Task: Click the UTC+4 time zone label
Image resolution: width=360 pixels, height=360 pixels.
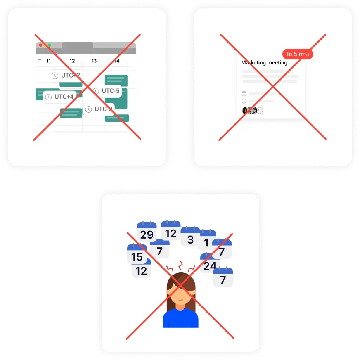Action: pos(60,97)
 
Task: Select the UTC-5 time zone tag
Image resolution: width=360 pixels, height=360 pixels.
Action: pos(106,91)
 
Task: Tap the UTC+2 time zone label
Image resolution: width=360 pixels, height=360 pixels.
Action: pos(66,76)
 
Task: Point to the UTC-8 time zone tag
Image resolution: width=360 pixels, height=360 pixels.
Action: pos(99,109)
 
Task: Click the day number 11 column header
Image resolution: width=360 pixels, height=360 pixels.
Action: pos(48,61)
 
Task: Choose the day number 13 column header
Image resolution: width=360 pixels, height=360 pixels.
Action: pos(94,61)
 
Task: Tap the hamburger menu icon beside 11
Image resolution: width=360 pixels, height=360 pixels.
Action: pos(40,61)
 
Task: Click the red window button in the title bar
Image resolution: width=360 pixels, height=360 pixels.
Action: pos(40,45)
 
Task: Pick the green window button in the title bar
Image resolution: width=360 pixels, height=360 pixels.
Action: pos(50,45)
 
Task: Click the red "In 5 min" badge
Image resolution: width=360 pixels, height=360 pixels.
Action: pos(297,54)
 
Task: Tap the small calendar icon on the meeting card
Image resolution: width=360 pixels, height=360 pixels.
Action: pos(244,94)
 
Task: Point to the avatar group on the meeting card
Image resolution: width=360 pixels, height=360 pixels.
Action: pos(252,110)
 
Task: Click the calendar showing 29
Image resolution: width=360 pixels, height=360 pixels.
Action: pos(147,232)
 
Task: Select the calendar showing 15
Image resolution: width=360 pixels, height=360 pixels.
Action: pos(137,254)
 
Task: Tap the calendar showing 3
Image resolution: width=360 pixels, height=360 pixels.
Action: pos(190,237)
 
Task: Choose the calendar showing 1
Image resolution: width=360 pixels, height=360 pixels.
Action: pos(206,240)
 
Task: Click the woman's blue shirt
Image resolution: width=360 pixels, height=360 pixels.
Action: pos(180,319)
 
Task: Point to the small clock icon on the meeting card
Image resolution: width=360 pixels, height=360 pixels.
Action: pos(244,101)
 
